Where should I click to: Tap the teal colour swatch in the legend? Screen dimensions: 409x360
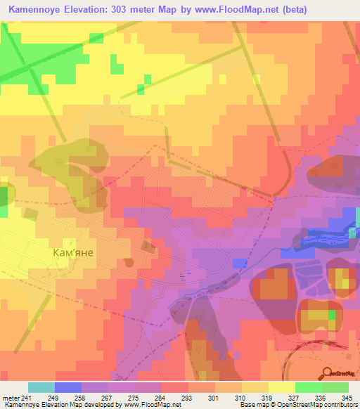pyautogui.click(x=41, y=387)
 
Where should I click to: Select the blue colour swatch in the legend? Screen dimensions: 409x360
pyautogui.click(x=68, y=387)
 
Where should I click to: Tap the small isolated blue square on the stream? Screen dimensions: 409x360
pyautogui.click(x=240, y=262)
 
